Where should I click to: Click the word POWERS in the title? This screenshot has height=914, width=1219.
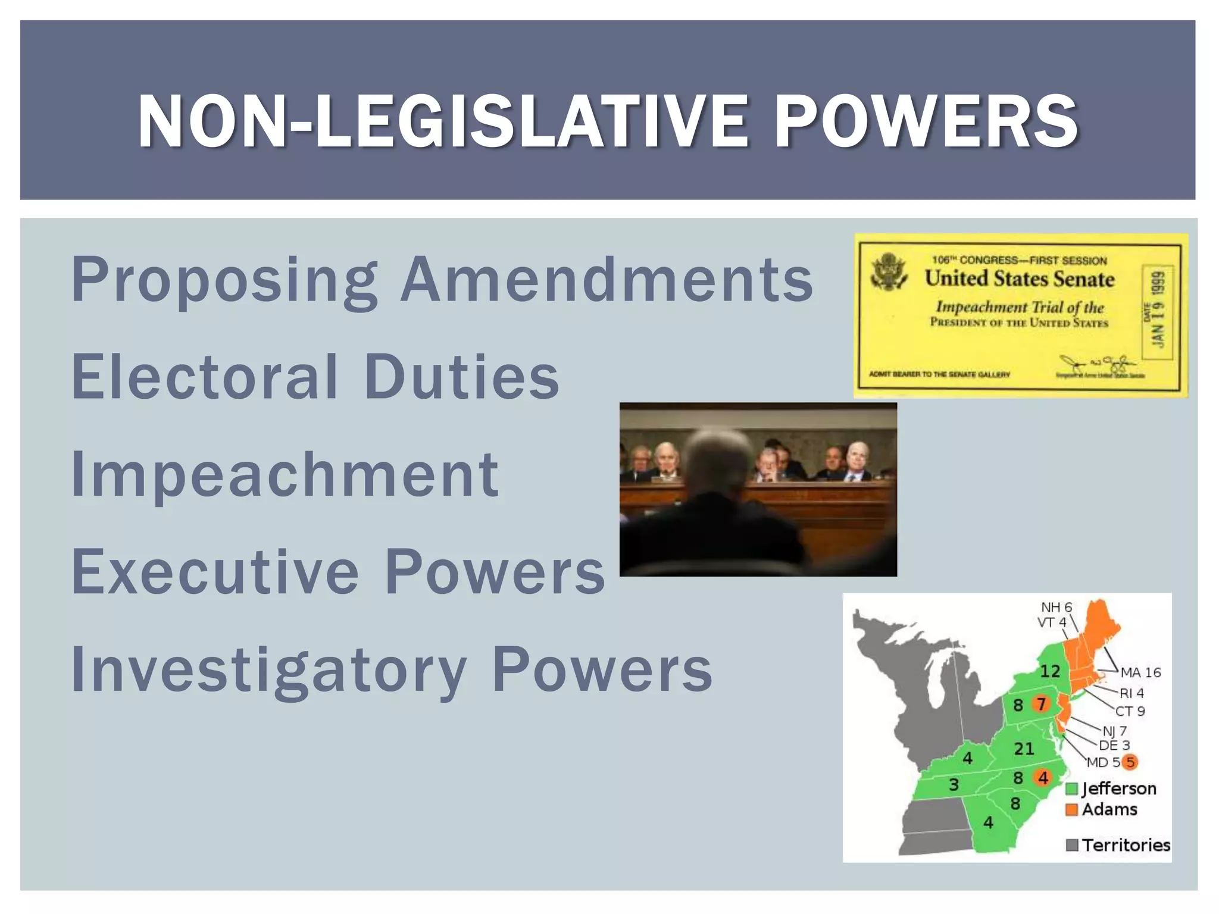click(x=926, y=122)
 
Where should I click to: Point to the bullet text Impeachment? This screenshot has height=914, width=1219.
click(x=285, y=475)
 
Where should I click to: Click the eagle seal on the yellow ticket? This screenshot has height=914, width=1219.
click(x=889, y=273)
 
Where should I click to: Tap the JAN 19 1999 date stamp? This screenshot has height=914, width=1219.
click(x=1158, y=309)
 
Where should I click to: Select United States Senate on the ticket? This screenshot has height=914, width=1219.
click(x=1019, y=278)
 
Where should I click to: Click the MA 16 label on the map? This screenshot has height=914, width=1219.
click(x=1140, y=672)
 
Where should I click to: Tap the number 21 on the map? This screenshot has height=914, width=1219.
click(x=1024, y=749)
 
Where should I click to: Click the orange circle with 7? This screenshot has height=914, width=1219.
click(x=1041, y=705)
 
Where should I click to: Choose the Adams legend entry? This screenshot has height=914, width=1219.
click(x=1102, y=810)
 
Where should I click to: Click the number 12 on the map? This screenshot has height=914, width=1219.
click(x=1050, y=671)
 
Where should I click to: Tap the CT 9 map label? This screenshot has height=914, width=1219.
click(x=1130, y=711)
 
